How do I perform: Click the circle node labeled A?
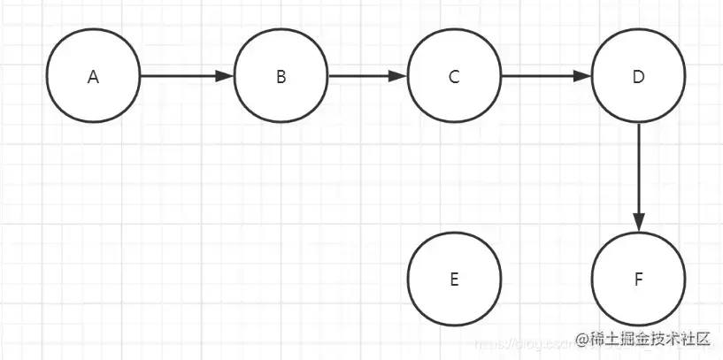[x=94, y=77]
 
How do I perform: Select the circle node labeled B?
[x=281, y=77]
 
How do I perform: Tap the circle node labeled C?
[x=454, y=77]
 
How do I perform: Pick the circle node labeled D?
[x=638, y=77]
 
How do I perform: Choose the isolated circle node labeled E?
[x=454, y=279]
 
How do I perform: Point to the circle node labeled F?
[x=638, y=279]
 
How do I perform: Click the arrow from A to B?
[x=186, y=76]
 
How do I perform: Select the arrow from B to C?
[x=367, y=76]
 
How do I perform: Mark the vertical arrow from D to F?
[x=638, y=177]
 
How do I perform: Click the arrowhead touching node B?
[x=226, y=76]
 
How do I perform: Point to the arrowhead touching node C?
[x=399, y=76]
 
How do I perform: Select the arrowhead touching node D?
[x=582, y=76]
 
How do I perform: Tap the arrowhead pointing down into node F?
[x=638, y=224]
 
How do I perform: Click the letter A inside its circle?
[x=94, y=77]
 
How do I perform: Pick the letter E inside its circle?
[x=454, y=280]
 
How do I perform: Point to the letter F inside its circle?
[x=638, y=280]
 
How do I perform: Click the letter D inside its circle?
[x=638, y=77]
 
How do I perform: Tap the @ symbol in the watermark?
[x=582, y=339]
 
